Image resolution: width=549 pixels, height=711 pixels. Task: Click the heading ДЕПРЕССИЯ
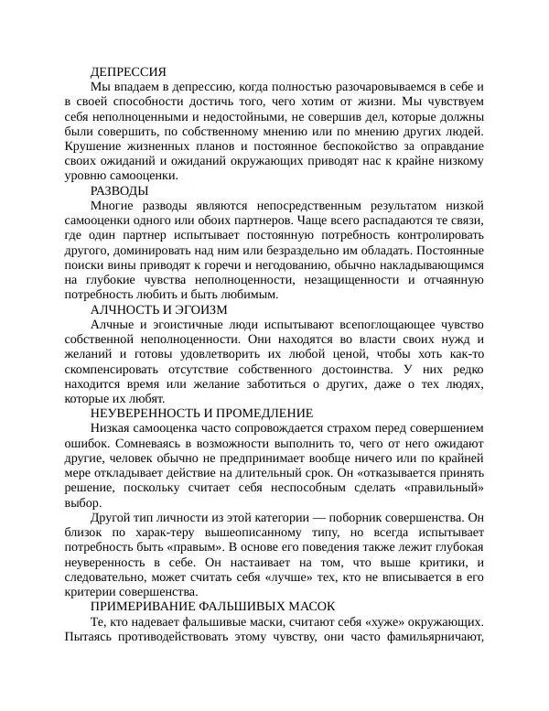[x=128, y=71]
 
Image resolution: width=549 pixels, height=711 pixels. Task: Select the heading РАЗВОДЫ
[x=120, y=190]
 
